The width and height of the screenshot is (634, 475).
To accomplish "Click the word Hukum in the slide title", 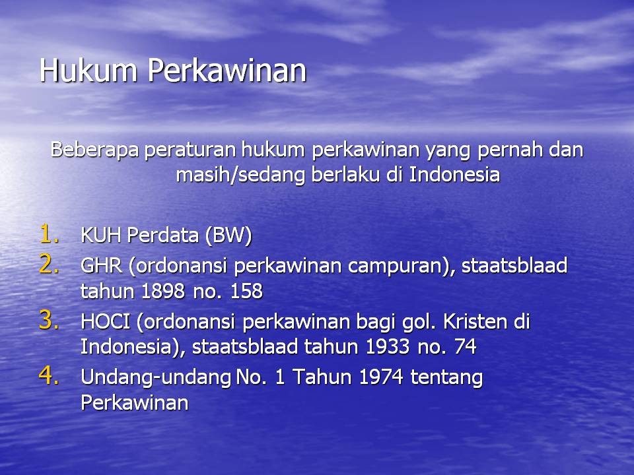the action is (x=88, y=71).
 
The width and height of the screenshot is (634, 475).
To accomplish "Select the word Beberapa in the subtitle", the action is (x=94, y=150).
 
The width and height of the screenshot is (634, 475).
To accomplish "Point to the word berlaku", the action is (x=345, y=174).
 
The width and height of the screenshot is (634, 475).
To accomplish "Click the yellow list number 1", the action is (x=48, y=234).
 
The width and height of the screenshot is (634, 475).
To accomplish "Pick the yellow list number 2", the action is (x=48, y=265).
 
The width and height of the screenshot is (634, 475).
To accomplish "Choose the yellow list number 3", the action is (x=48, y=321).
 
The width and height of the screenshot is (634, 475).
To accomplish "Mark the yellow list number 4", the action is (x=48, y=375).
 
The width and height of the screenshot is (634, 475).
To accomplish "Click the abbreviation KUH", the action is (x=100, y=235).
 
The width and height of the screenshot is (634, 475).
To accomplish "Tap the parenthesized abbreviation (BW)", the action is (x=229, y=236).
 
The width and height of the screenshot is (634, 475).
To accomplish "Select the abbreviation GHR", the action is (x=101, y=266).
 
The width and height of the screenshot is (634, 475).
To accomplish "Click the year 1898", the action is (x=163, y=291).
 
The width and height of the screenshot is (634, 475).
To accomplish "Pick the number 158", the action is (x=246, y=291).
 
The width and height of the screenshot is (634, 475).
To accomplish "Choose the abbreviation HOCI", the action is (x=105, y=321).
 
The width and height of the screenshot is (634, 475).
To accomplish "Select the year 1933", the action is (x=388, y=346).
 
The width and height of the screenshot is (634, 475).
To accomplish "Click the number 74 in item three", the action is (x=466, y=346).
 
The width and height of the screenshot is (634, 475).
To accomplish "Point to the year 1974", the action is (x=380, y=377).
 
